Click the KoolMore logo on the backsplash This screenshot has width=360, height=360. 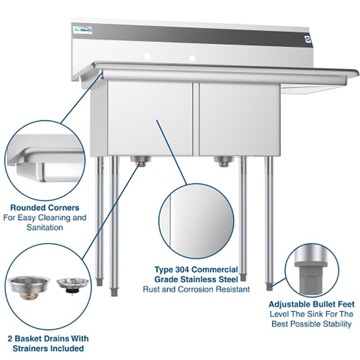pyautogui.click(x=83, y=30)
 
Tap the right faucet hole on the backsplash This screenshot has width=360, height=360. pyautogui.click(x=193, y=58)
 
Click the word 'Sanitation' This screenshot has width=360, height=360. pyautogui.click(x=44, y=227)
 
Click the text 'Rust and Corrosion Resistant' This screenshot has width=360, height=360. pyautogui.click(x=196, y=289)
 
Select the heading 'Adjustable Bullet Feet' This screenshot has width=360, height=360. pyautogui.click(x=311, y=304)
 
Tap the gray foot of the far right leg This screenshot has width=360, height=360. pyautogui.click(x=269, y=285)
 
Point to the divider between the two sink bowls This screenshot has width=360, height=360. pyautogui.click(x=195, y=117)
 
